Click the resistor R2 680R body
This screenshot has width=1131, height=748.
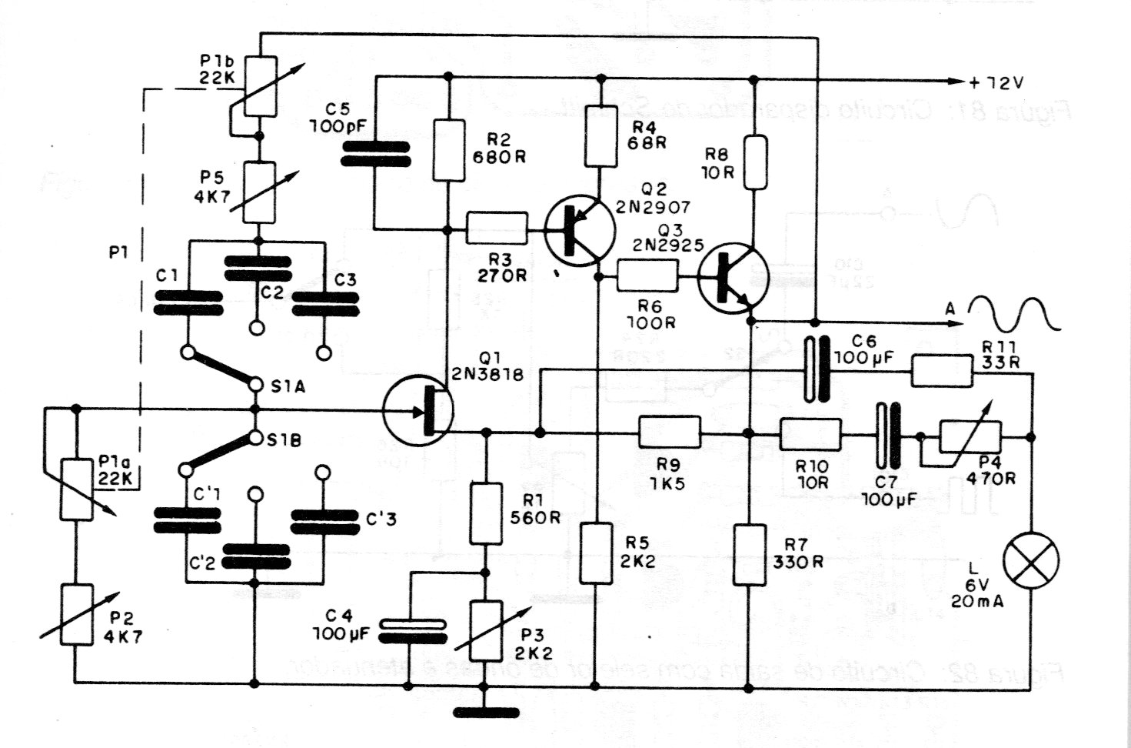click(449, 150)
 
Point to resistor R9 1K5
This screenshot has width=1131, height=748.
click(670, 432)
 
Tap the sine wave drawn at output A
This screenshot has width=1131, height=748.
click(1015, 314)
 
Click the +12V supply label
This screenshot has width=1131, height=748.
click(997, 82)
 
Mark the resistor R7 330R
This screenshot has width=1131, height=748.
click(749, 554)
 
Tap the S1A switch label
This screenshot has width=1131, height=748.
click(288, 386)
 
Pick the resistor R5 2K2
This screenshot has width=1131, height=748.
click(596, 553)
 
